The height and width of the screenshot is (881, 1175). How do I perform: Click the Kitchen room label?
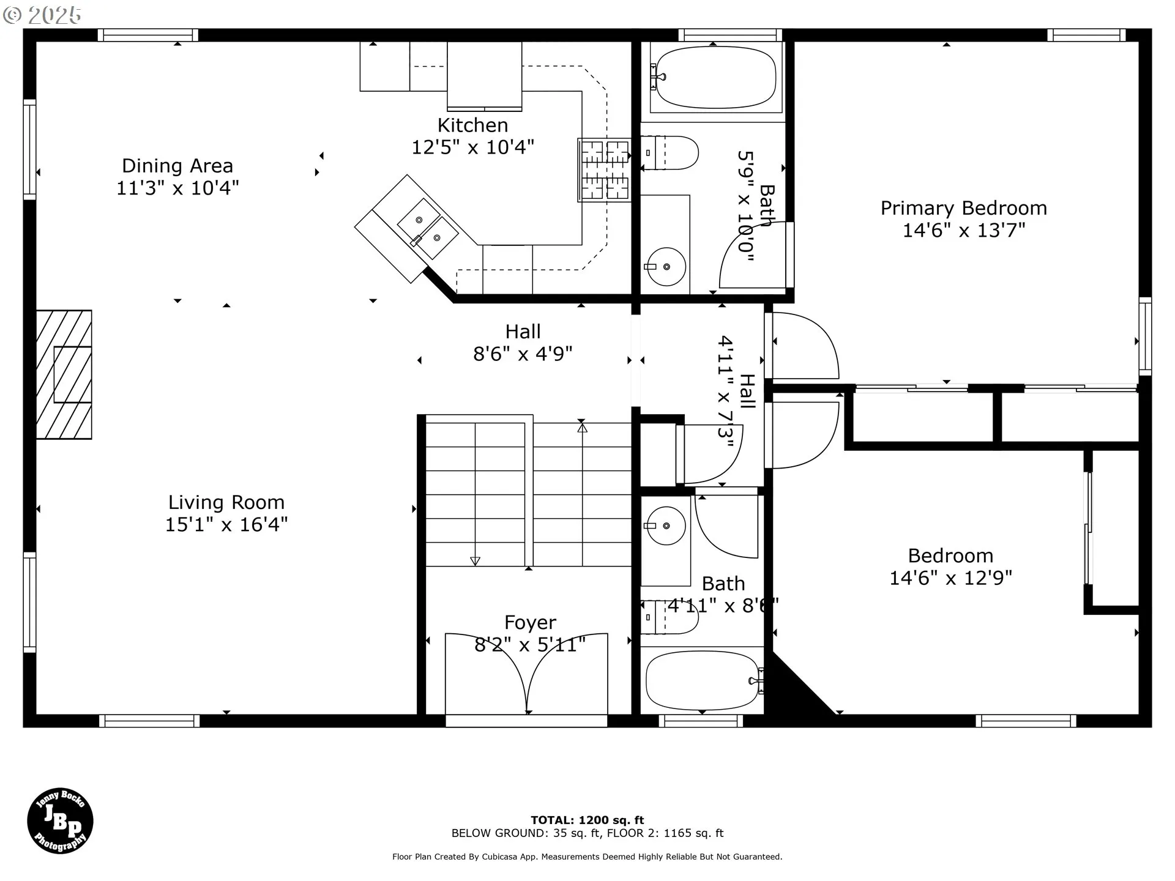472,125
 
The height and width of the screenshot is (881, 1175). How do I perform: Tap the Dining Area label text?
177,166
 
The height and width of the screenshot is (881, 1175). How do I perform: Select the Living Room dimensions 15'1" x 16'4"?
226,524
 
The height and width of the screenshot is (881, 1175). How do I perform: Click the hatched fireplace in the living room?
64,374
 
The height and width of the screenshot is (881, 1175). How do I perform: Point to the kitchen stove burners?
605,169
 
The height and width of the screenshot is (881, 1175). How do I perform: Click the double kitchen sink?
428,230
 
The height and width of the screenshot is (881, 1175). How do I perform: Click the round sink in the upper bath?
666,267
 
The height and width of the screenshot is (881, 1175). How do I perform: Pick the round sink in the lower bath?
666,526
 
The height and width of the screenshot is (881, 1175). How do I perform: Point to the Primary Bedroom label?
964,208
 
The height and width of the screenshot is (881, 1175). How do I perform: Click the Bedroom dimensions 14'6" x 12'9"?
950,578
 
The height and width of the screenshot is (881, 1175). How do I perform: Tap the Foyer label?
530,623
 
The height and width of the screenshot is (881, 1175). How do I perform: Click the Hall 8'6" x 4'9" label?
523,343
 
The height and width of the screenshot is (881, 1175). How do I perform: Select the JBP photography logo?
60,820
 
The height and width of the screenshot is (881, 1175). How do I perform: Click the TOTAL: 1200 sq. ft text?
587,820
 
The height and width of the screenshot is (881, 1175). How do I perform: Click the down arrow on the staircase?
475,560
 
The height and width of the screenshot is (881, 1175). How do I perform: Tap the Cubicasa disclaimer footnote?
587,857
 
